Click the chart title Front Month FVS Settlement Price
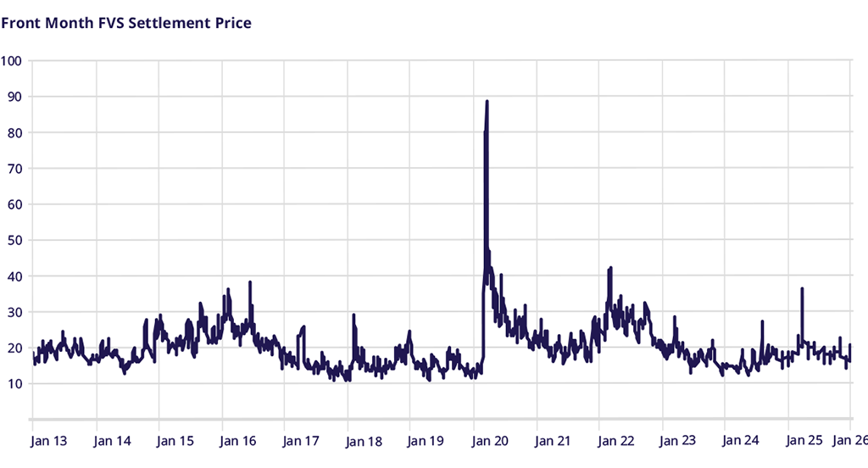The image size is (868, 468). coord(126,23)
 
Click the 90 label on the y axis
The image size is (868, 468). coord(14,97)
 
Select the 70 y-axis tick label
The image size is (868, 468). coord(14,169)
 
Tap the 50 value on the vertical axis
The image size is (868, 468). coord(14,240)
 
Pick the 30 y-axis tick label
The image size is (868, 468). coord(14,312)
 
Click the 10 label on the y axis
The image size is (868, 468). coord(14,384)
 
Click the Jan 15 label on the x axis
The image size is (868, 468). coord(175,441)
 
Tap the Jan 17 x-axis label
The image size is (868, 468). coord(301,441)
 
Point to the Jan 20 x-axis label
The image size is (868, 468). coord(489,441)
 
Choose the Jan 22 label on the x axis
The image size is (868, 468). coord(615,441)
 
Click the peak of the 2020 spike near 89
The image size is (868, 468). coord(487,102)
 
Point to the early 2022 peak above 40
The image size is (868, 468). coord(610,268)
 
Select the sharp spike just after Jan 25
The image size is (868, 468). coord(802,289)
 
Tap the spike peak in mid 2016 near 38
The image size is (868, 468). coord(250,282)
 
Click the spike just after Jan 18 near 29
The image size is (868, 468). coord(353,315)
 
